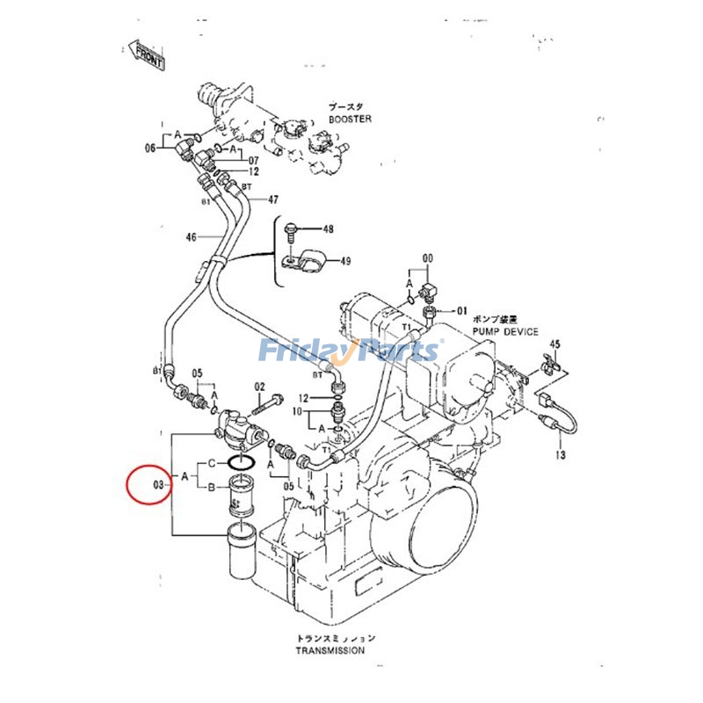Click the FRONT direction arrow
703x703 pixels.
click(146, 54)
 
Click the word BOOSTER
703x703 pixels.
click(351, 118)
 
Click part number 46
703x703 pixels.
click(192, 236)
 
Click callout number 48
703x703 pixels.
click(327, 229)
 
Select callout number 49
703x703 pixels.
click(345, 260)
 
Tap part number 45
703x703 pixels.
click(554, 344)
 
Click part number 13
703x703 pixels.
click(560, 454)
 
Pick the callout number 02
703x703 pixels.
click(259, 387)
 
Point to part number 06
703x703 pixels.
click(150, 148)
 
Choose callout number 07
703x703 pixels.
click(253, 161)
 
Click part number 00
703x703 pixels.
click(428, 258)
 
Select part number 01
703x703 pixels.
click(460, 310)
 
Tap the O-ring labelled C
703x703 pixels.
click(242, 461)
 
